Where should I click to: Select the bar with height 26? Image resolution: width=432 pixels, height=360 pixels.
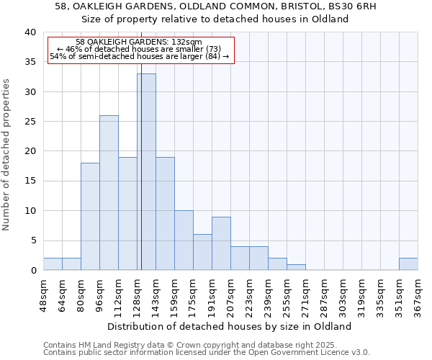click(x=109, y=192)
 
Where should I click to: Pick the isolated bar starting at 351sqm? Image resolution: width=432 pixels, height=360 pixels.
click(x=408, y=264)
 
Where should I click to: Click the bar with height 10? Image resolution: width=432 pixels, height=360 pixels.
click(x=184, y=240)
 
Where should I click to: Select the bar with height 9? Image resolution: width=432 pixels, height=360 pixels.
click(x=221, y=243)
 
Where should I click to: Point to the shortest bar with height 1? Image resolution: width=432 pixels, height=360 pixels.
click(x=296, y=267)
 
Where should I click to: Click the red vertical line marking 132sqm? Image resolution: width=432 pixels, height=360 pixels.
click(x=142, y=144)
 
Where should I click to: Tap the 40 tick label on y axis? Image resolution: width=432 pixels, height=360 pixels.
click(x=30, y=32)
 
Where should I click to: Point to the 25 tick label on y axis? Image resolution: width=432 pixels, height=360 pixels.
click(x=30, y=122)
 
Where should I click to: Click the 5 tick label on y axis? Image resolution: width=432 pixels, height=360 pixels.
click(x=32, y=240)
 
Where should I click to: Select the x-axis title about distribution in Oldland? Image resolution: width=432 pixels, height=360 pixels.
click(x=230, y=326)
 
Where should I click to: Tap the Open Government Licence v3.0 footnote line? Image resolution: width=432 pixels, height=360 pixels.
click(x=207, y=352)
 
